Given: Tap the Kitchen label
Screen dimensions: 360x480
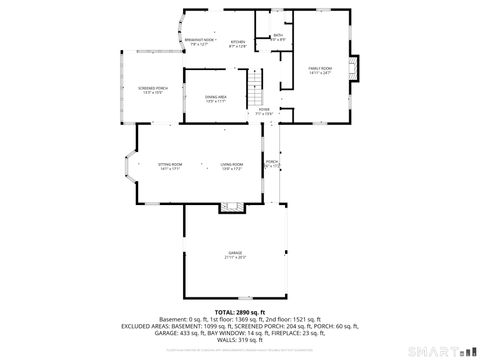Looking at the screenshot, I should coord(238,43).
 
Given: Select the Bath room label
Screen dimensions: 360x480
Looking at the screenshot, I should coord(278,37).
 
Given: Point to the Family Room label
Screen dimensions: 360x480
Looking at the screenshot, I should coord(320,69).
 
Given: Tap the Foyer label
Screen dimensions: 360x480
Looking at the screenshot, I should coord(264,112).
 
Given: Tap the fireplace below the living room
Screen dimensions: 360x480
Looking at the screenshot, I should coord(233,208).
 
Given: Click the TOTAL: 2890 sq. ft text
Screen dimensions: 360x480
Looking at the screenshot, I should coord(238,313).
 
